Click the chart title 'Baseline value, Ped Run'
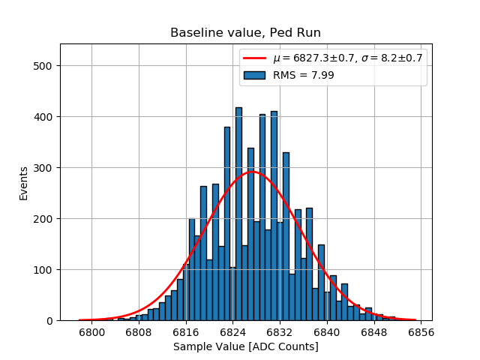[245, 33]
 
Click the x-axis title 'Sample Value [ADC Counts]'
[245, 346]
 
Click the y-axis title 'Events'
[24, 183]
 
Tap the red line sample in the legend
[254, 58]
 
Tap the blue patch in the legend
[254, 74]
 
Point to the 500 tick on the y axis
[44, 66]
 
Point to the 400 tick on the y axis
[44, 117]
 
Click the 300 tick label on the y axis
[44, 168]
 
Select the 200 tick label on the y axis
[44, 219]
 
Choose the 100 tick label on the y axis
[44, 270]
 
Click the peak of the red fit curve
[253, 172]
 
